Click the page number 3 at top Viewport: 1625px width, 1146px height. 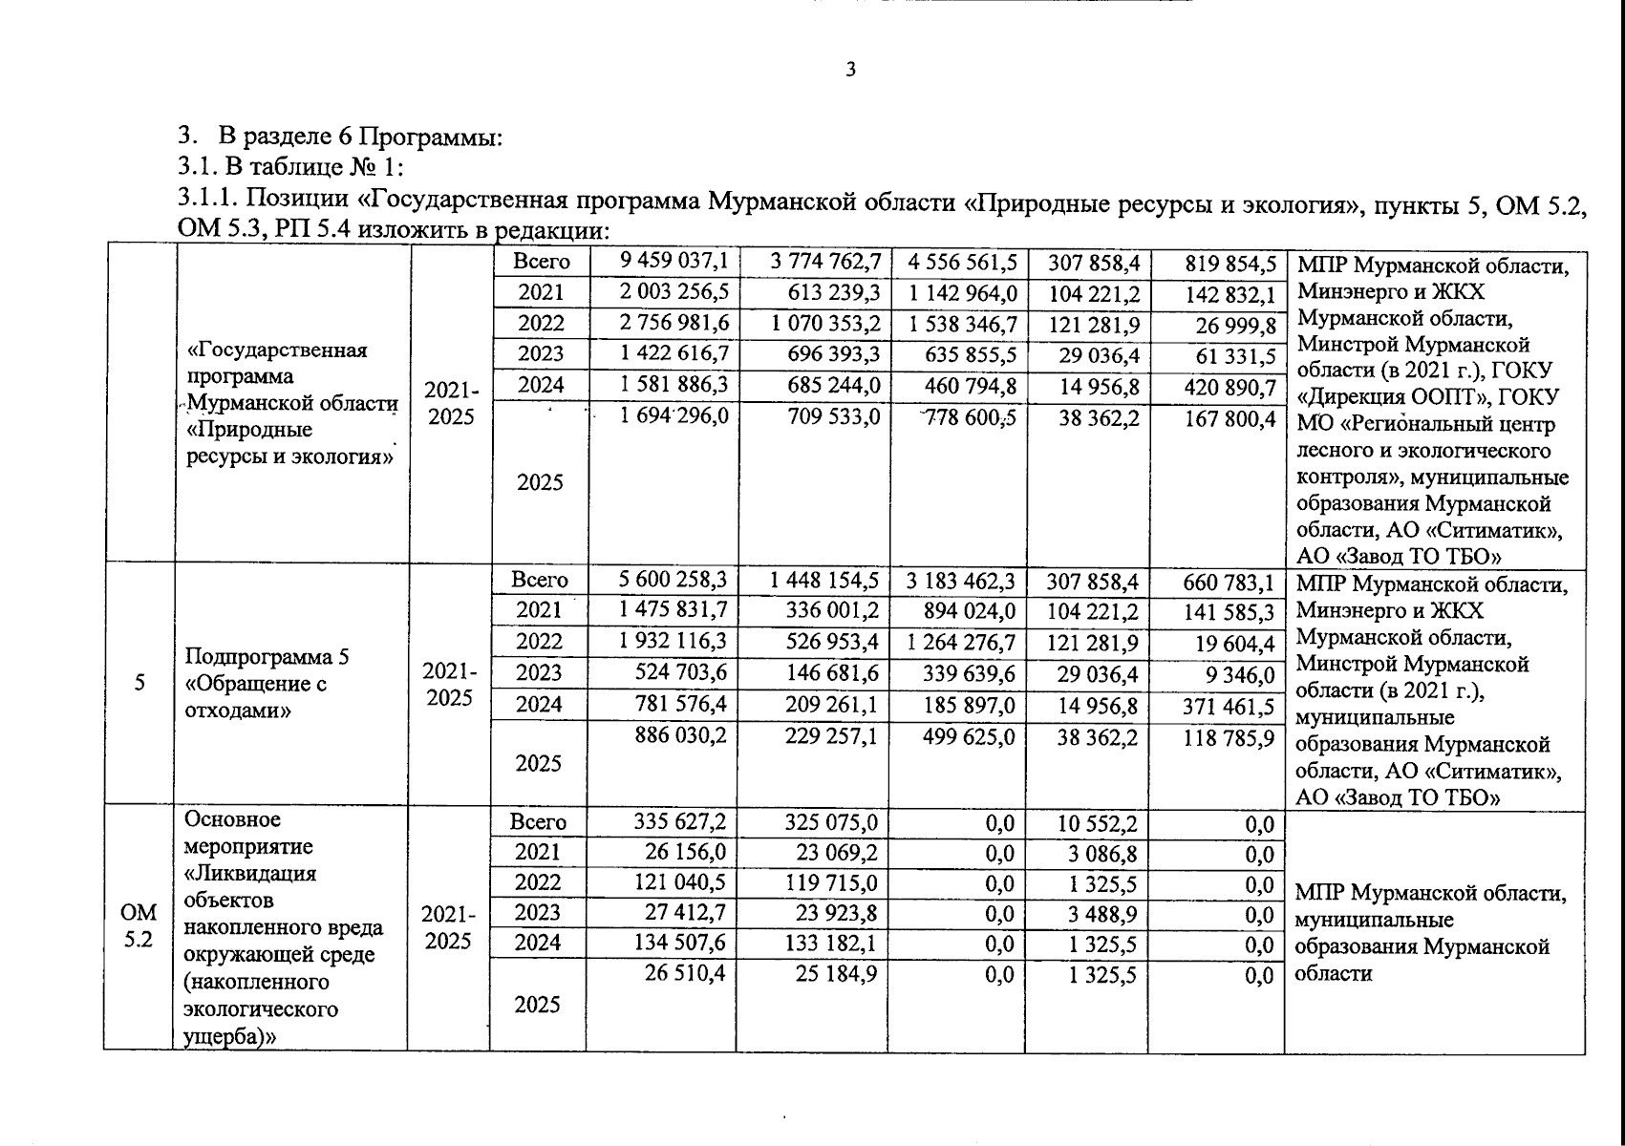[850, 69]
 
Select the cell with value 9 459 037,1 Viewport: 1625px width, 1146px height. [674, 261]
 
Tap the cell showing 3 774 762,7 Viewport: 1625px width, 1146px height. [825, 261]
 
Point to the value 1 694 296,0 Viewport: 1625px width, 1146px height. [674, 417]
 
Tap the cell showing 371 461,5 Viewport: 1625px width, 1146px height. [1229, 706]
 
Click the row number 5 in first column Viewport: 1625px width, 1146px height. [139, 683]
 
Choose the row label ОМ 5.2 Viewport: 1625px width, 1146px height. [139, 925]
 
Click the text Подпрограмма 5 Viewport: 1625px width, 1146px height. [267, 657]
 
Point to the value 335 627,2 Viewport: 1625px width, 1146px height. [680, 820]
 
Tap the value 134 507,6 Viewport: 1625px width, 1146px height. [680, 944]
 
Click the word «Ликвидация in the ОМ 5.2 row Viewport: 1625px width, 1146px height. [250, 873]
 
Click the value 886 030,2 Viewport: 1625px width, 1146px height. [680, 736]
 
